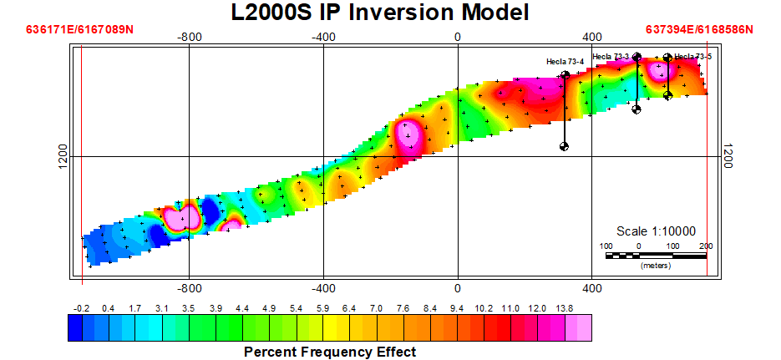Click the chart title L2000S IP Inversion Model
pyautogui.click(x=380, y=13)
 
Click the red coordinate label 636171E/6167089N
pyautogui.click(x=79, y=29)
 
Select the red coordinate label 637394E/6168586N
pyautogui.click(x=699, y=29)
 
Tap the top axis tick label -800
pyautogui.click(x=189, y=37)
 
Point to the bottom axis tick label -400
pyautogui.click(x=323, y=288)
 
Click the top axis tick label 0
pyautogui.click(x=457, y=37)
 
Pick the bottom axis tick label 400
pyautogui.click(x=591, y=288)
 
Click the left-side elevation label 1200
pyautogui.click(x=63, y=156)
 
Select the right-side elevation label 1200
pyautogui.click(x=728, y=156)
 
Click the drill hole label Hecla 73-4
pyautogui.click(x=565, y=62)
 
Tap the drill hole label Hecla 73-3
pyautogui.click(x=611, y=57)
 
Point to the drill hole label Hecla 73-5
pyautogui.click(x=692, y=57)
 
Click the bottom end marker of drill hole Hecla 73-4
pyautogui.click(x=565, y=146)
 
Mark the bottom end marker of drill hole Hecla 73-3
pyautogui.click(x=636, y=109)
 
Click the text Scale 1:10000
pyautogui.click(x=656, y=231)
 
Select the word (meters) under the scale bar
pyautogui.click(x=656, y=266)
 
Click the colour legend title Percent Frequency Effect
pyautogui.click(x=330, y=352)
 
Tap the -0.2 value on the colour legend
pyautogui.click(x=81, y=309)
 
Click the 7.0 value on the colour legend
pyautogui.click(x=376, y=309)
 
